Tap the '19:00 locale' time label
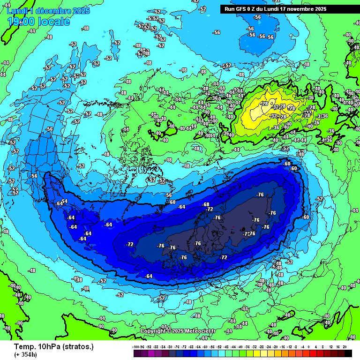39,22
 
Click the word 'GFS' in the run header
242,9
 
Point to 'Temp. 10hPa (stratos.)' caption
53,346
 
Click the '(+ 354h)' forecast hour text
25,354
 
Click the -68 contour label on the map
206,204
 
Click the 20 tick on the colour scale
345,347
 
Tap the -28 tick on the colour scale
261,347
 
